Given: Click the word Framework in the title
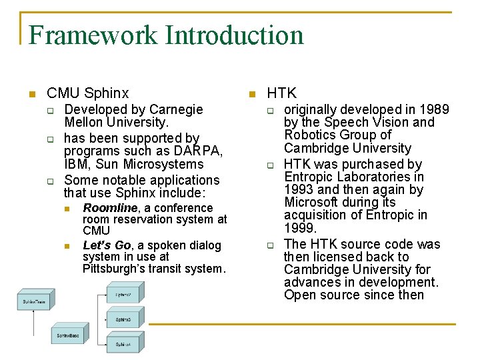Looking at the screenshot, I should [x=93, y=35].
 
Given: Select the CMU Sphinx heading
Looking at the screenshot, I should [x=88, y=93].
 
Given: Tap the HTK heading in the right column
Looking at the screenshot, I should [x=281, y=93].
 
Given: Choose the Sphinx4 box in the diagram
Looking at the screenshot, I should [x=123, y=345].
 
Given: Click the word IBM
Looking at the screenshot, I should [x=76, y=164].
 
